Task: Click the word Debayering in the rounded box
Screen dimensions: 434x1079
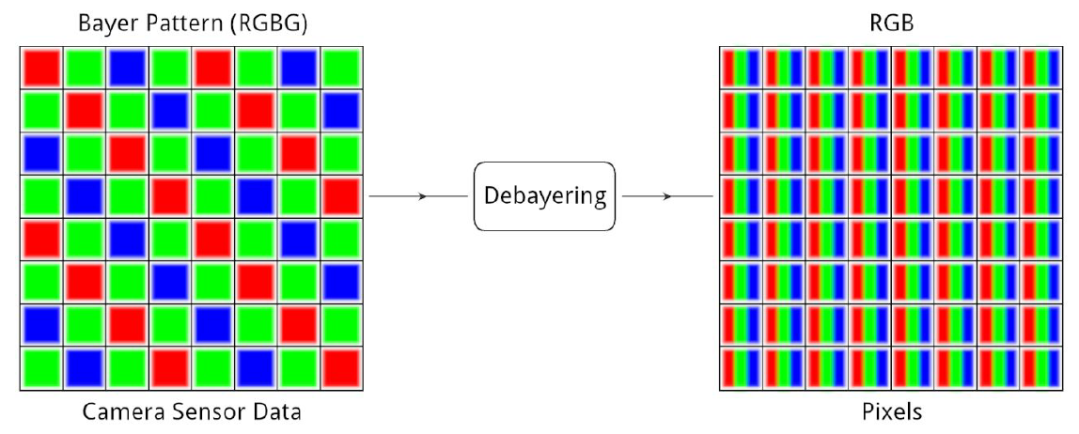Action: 544,196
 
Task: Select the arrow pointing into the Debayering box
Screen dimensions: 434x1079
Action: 418,196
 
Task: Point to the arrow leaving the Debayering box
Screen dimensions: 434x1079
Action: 665,196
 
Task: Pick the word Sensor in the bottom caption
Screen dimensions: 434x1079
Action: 202,412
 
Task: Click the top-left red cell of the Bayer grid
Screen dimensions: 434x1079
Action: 41,68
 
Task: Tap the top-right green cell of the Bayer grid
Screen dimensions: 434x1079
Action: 341,68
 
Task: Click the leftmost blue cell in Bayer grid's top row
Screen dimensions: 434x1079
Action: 127,68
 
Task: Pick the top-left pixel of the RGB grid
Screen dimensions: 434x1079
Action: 741,68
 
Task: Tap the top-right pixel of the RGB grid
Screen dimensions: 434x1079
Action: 1041,68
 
